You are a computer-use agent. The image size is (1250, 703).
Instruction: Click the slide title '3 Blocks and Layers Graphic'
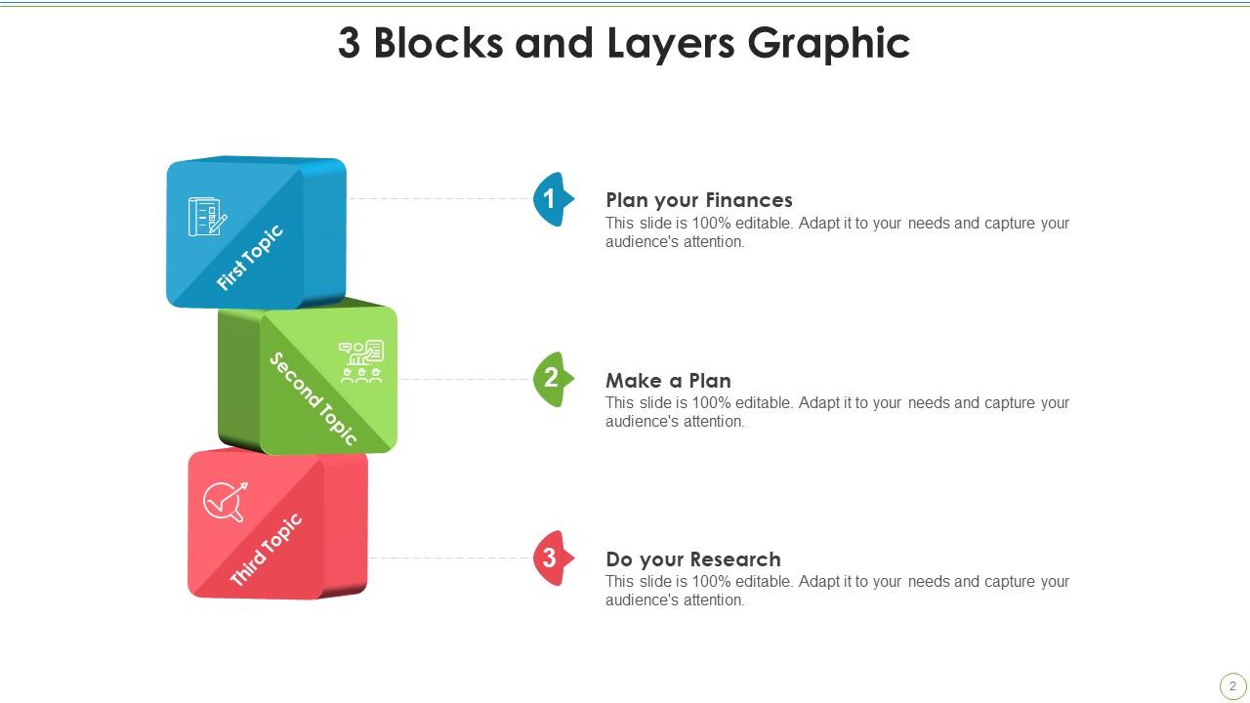tap(624, 44)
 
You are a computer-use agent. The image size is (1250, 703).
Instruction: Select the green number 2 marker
tap(552, 379)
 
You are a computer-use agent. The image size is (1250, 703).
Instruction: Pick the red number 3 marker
tap(551, 558)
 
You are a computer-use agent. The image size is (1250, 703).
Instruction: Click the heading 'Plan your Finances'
tap(699, 200)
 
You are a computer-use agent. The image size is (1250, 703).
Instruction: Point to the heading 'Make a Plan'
tap(668, 381)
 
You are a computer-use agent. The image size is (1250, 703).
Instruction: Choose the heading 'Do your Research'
tap(693, 559)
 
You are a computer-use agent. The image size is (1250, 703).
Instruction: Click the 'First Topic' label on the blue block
tap(249, 258)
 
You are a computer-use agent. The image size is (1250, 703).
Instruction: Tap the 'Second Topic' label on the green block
tap(313, 398)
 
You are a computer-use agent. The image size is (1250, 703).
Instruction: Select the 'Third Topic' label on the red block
tap(266, 550)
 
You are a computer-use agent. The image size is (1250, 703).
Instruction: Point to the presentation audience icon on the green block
tap(361, 361)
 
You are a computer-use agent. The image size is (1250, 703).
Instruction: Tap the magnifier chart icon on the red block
tap(225, 502)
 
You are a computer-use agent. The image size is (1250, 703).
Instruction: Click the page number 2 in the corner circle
tap(1232, 686)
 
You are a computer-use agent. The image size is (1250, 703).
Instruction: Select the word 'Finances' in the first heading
tap(749, 200)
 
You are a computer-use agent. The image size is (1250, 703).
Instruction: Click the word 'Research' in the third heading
tap(736, 559)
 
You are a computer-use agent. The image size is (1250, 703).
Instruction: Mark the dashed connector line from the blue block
tap(439, 198)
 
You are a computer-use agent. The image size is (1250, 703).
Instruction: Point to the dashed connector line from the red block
tap(449, 558)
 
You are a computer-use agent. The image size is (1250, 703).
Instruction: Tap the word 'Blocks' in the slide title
tap(437, 44)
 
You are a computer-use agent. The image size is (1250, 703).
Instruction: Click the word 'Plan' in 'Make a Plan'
tap(709, 381)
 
